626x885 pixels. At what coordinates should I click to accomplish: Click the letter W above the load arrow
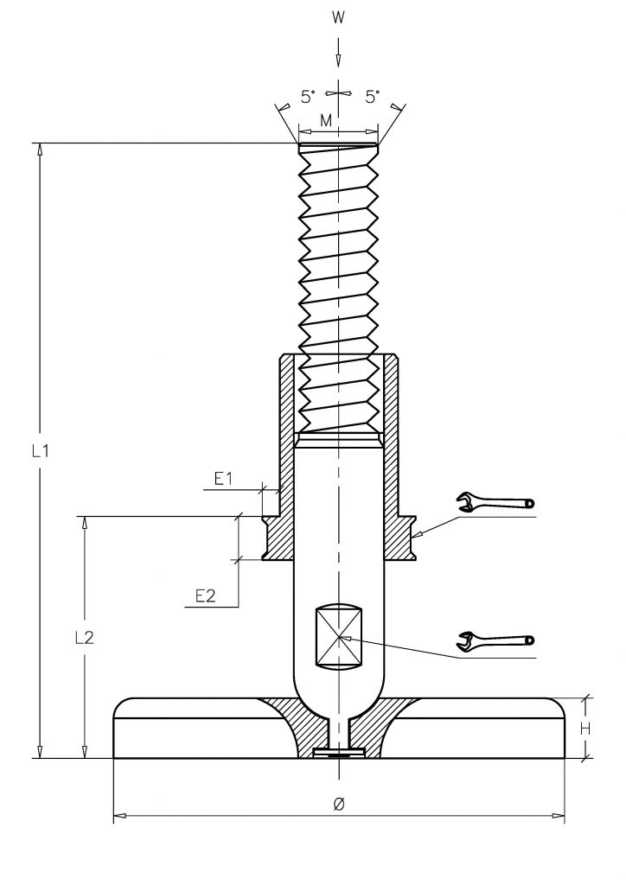[x=338, y=18]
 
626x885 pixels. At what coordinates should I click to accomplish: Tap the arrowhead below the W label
[x=338, y=60]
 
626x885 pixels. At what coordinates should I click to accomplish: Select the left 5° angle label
[x=308, y=97]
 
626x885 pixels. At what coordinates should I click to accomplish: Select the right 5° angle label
[x=372, y=97]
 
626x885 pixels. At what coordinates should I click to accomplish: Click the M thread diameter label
[x=326, y=120]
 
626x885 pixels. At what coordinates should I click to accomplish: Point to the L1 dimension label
[x=40, y=451]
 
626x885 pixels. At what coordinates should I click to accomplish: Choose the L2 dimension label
[x=84, y=637]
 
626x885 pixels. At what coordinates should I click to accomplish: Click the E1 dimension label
[x=224, y=479]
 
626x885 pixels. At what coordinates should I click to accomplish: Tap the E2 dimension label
[x=206, y=595]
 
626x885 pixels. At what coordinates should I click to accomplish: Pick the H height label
[x=585, y=729]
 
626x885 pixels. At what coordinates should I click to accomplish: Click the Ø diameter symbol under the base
[x=338, y=805]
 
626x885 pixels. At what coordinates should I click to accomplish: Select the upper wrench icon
[x=495, y=502]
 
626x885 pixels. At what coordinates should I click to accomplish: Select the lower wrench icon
[x=495, y=640]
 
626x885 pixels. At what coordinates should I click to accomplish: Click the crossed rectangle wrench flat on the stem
[x=338, y=638]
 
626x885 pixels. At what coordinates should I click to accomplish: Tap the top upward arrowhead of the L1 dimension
[x=40, y=150]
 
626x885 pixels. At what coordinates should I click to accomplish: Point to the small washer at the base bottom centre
[x=338, y=753]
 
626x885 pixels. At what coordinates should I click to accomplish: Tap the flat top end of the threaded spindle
[x=338, y=145]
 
